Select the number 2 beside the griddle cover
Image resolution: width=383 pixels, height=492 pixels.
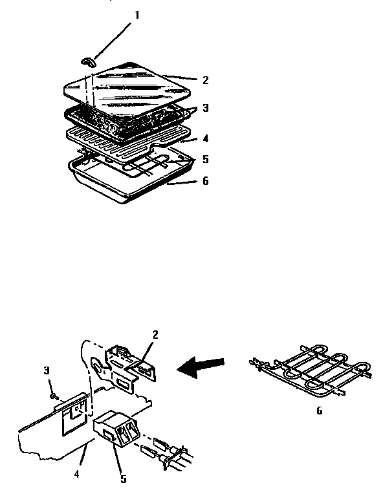tap(205, 80)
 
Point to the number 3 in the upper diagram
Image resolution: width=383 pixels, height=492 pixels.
tap(205, 109)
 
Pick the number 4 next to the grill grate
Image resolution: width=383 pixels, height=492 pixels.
tap(205, 137)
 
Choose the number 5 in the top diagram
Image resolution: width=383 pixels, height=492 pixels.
tap(205, 158)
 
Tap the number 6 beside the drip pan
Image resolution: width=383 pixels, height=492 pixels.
tap(205, 181)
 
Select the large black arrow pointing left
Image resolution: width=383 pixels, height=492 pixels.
tap(204, 367)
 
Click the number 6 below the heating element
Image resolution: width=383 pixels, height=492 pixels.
tap(319, 411)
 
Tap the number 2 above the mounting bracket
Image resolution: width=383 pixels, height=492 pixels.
tap(155, 334)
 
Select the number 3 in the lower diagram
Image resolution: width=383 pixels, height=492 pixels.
tap(47, 370)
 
